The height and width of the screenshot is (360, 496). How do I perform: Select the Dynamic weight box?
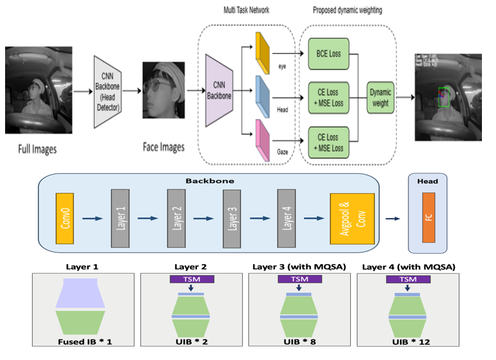click(x=382, y=97)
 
